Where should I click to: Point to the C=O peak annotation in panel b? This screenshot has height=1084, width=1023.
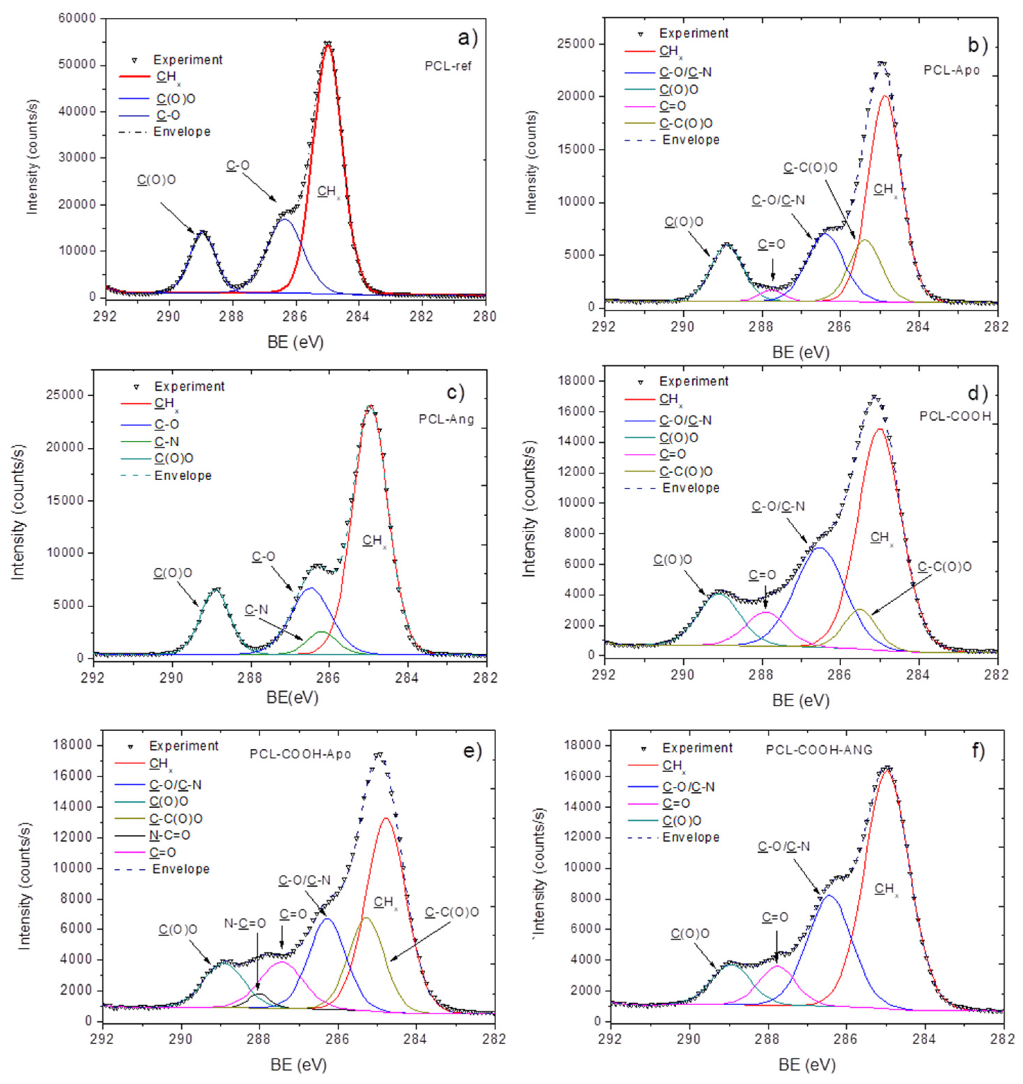pos(772,244)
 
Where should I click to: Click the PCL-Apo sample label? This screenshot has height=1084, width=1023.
pos(952,70)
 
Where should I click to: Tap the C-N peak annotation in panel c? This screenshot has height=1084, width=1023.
pos(256,609)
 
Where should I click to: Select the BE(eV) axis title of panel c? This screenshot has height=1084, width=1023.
pos(292,698)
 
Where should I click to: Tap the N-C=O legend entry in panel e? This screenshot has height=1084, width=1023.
pos(170,835)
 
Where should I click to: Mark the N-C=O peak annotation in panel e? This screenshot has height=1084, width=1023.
pos(245,923)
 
